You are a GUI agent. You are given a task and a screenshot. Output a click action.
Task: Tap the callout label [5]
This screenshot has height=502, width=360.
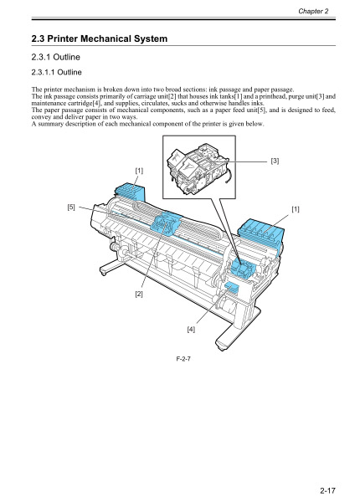click(72, 203)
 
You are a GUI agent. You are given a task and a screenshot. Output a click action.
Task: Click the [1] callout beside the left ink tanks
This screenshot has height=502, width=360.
click(139, 171)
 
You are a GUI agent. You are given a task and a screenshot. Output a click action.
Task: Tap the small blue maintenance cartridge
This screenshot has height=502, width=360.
click(233, 288)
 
